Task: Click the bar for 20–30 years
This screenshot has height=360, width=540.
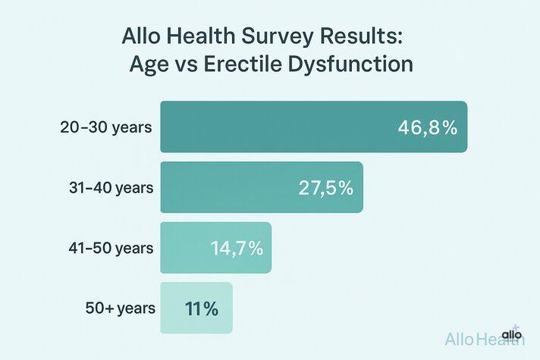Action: click(312, 127)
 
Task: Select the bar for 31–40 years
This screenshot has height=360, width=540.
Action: click(261, 187)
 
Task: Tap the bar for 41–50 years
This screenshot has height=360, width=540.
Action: click(215, 248)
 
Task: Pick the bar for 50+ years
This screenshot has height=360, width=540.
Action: click(196, 308)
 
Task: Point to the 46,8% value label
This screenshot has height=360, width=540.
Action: click(427, 127)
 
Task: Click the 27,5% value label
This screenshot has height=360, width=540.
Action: click(325, 188)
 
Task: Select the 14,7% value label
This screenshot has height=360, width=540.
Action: click(237, 248)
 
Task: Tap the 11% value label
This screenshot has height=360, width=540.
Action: click(201, 308)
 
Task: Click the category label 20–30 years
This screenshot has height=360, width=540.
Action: click(106, 127)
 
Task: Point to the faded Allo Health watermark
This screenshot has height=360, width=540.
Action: click(483, 340)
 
